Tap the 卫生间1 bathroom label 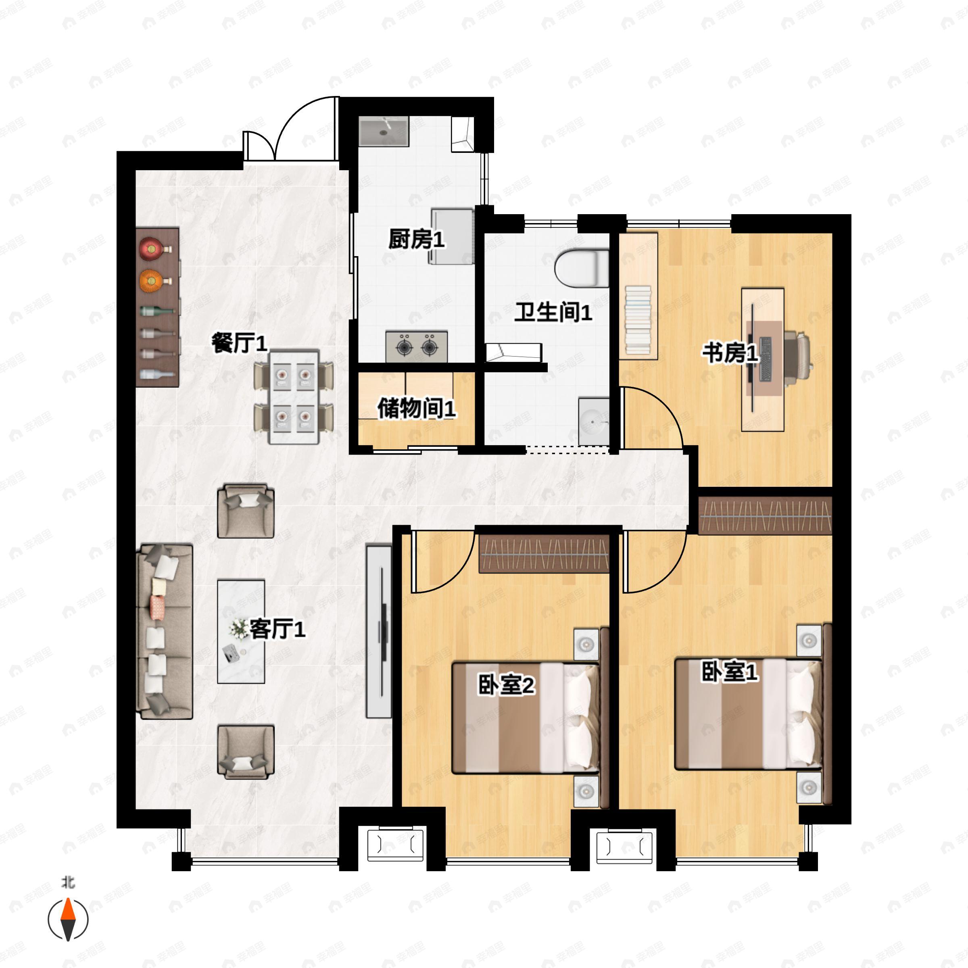pos(553,312)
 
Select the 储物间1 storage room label pos(416,408)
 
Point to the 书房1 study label pos(730,353)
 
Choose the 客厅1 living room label pos(277,628)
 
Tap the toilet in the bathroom pos(582,269)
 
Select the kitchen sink pos(384,131)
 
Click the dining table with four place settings pos(294,397)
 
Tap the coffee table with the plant pos(241,631)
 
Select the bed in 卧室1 pos(749,714)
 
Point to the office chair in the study pos(797,358)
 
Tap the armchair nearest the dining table pos(246,511)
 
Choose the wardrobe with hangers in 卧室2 pos(544,554)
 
